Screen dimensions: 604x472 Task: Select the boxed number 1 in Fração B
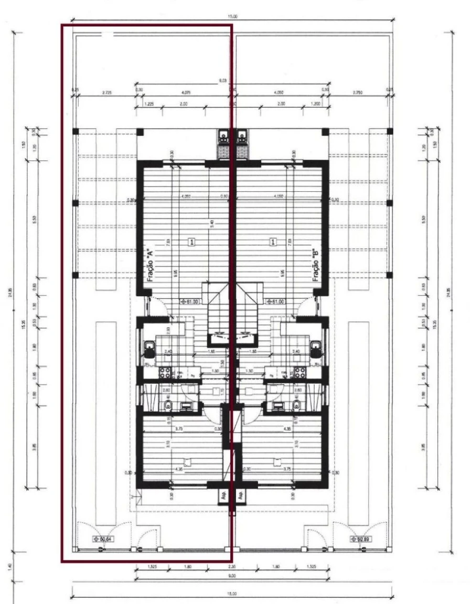pos(273,242)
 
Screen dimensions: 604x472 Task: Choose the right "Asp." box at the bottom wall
pos(240,495)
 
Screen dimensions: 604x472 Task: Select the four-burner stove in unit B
pos(300,372)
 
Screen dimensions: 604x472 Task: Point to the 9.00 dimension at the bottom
pos(232,576)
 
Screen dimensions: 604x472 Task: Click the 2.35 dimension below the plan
pos(231,567)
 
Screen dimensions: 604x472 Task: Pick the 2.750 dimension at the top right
pos(358,92)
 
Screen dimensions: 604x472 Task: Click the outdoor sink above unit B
pos(242,137)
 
